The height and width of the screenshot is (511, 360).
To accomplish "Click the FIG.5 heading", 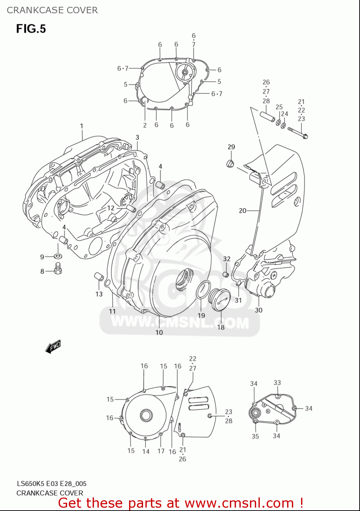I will pyautogui.click(x=31, y=29).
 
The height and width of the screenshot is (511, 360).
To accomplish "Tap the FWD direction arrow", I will pyautogui.click(x=53, y=347).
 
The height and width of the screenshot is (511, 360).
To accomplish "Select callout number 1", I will pyautogui.click(x=81, y=126).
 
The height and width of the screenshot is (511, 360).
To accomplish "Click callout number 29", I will pyautogui.click(x=231, y=147).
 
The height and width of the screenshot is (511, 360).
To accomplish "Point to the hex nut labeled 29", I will pyautogui.click(x=231, y=164).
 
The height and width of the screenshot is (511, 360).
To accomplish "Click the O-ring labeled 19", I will pyautogui.click(x=203, y=291).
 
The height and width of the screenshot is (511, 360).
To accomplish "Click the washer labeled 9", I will pyautogui.click(x=58, y=256).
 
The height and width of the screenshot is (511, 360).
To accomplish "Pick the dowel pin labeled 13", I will pyautogui.click(x=99, y=277).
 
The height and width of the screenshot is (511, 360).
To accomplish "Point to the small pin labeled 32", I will pyautogui.click(x=225, y=274).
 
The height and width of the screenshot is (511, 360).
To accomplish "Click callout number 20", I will pyautogui.click(x=242, y=211).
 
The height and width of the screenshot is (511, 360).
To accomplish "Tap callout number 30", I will pyautogui.click(x=259, y=310).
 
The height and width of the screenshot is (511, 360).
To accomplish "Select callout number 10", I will pyautogui.click(x=159, y=332).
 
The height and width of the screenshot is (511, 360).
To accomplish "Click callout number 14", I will pyautogui.click(x=146, y=451).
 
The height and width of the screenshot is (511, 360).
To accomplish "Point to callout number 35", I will pyautogui.click(x=255, y=436).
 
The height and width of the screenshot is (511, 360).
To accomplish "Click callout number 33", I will pyautogui.click(x=277, y=383).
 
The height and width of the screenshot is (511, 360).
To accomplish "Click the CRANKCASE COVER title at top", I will pyautogui.click(x=52, y=10).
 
